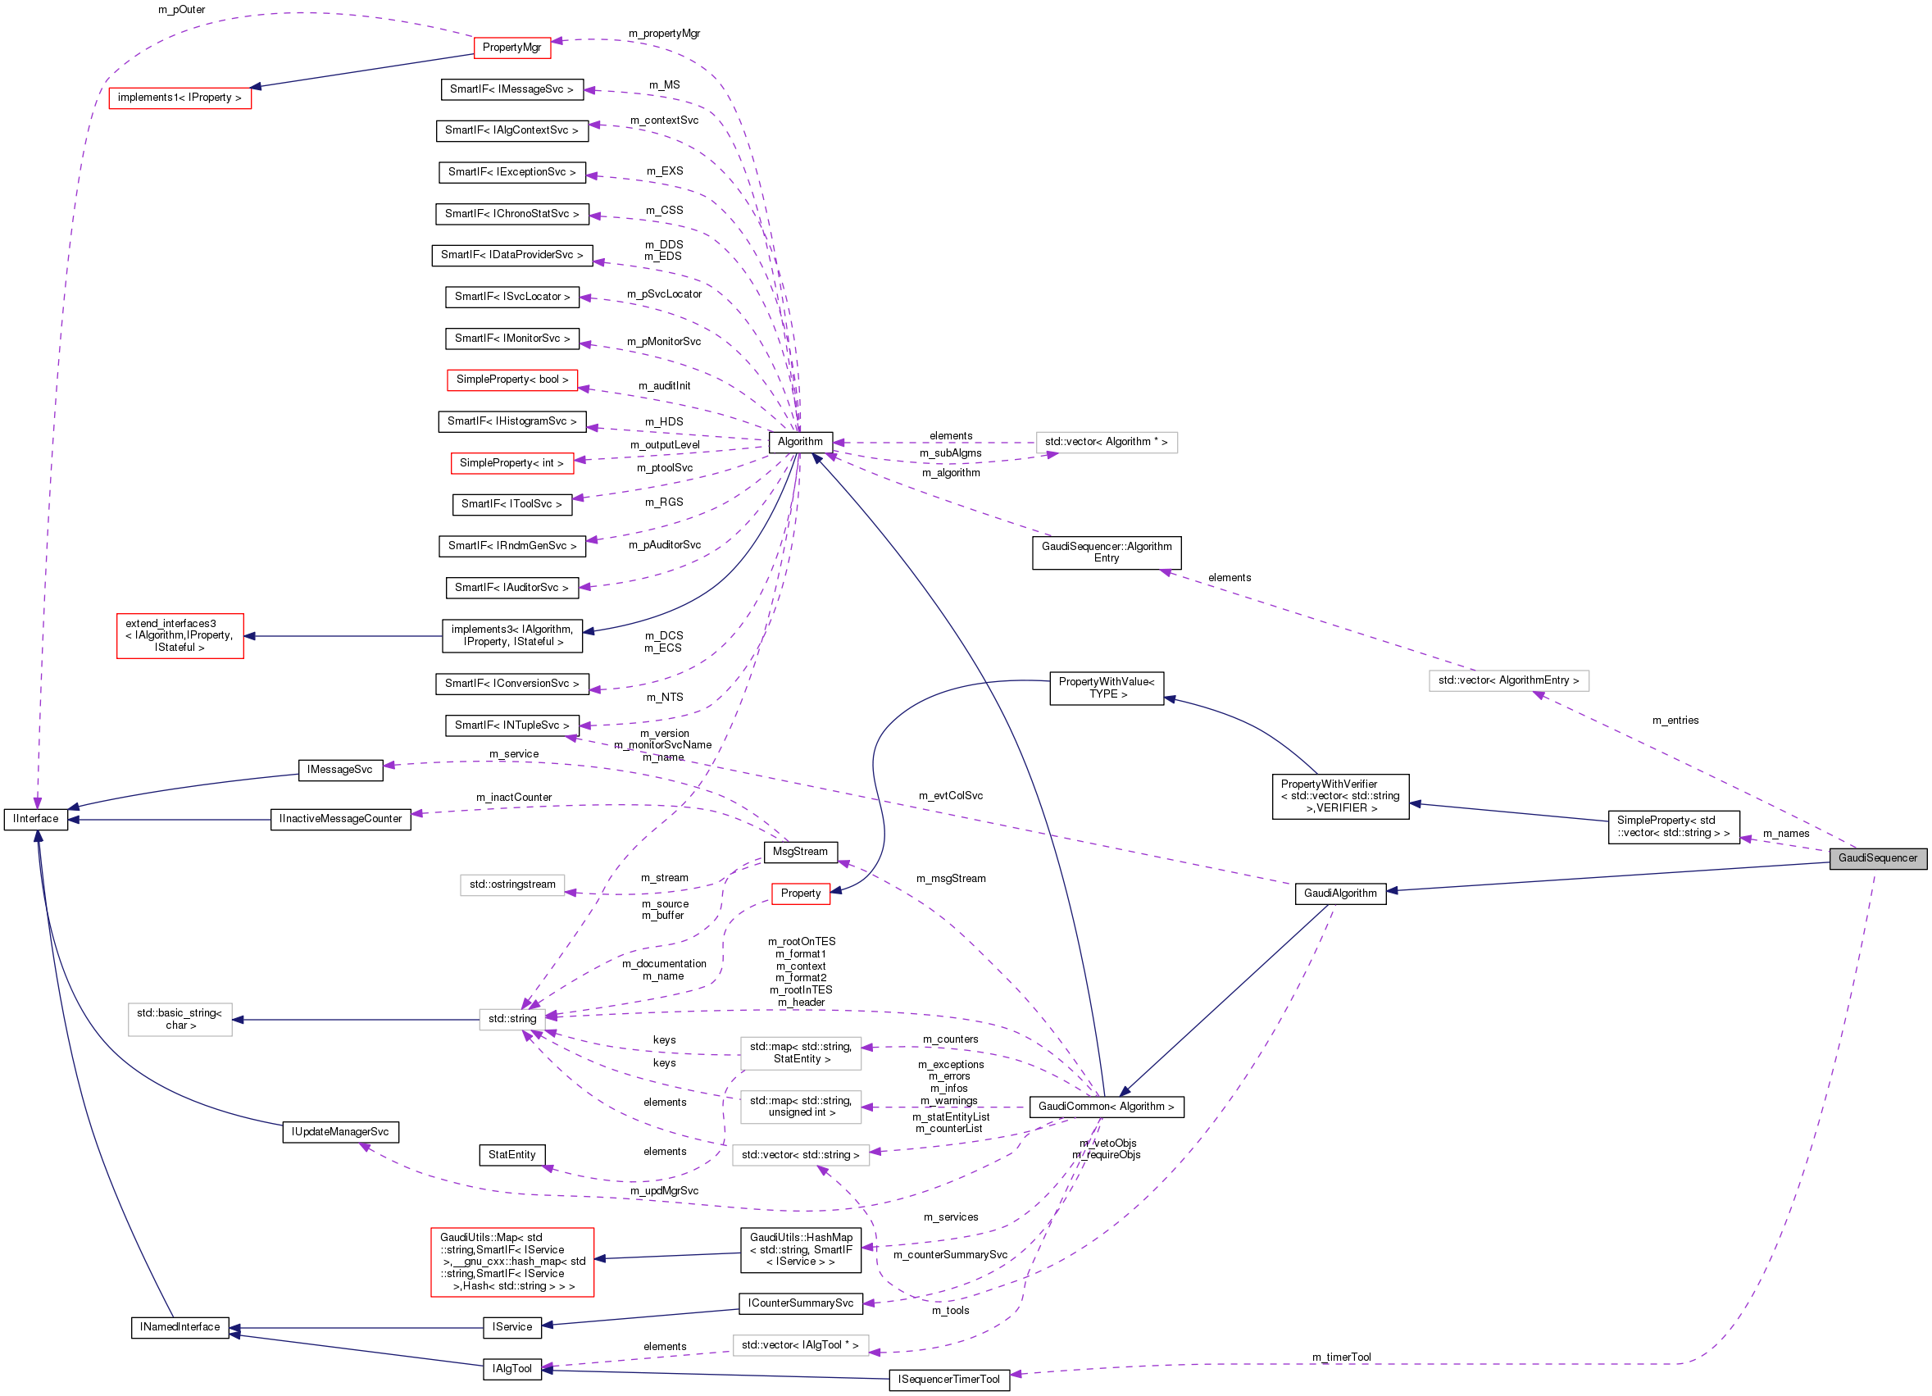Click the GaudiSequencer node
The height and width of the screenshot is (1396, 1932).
[1876, 858]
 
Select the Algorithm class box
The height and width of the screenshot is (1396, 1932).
[800, 442]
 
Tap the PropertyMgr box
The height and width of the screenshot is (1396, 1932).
[511, 48]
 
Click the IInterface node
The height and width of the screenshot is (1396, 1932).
[36, 820]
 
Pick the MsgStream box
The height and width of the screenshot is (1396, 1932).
[800, 852]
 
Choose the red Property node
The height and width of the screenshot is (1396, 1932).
[800, 894]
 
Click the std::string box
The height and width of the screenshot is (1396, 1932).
[512, 1019]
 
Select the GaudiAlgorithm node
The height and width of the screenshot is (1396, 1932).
[1340, 894]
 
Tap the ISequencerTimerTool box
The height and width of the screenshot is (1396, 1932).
[949, 1380]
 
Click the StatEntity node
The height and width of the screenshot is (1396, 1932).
[512, 1155]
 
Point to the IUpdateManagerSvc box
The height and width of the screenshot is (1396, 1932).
[340, 1132]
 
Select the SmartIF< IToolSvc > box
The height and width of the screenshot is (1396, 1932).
[511, 504]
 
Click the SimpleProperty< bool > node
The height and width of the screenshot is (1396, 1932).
[512, 380]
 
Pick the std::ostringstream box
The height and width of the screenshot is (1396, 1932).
[512, 885]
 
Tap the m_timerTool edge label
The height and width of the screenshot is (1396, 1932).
[1341, 1357]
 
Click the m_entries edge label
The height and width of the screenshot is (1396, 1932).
[1675, 721]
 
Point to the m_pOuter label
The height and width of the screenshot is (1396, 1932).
[181, 10]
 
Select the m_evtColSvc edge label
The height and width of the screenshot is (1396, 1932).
[950, 795]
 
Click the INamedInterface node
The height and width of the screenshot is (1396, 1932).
[180, 1327]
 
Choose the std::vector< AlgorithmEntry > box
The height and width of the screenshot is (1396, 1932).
[1507, 680]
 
